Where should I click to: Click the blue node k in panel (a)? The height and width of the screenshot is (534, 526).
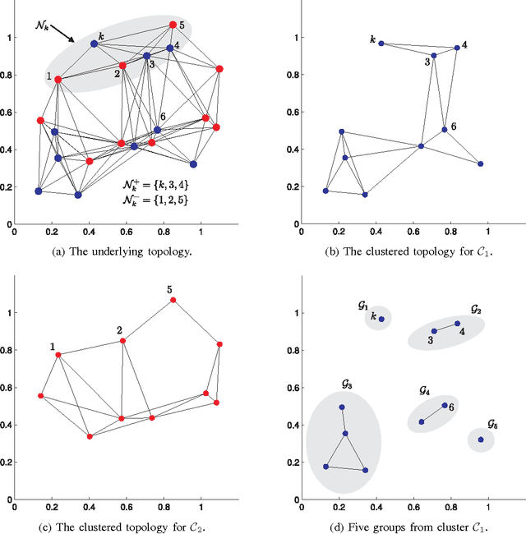click(94, 44)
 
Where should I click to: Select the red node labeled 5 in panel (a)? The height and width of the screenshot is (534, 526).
click(173, 25)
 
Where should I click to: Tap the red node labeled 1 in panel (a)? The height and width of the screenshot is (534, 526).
click(58, 79)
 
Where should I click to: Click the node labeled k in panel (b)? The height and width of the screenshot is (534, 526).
click(381, 44)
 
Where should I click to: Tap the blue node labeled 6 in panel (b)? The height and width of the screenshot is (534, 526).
click(444, 129)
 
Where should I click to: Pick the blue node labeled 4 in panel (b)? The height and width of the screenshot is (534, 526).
click(457, 48)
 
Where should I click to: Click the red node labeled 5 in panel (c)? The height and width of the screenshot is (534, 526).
click(173, 300)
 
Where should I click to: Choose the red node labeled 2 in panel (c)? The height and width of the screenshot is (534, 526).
click(122, 340)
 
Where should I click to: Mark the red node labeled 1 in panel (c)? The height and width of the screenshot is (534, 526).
click(58, 354)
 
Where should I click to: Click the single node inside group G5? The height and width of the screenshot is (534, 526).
click(481, 440)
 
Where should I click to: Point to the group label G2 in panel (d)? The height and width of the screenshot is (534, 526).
click(476, 310)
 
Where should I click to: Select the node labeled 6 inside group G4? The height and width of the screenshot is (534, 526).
click(444, 405)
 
